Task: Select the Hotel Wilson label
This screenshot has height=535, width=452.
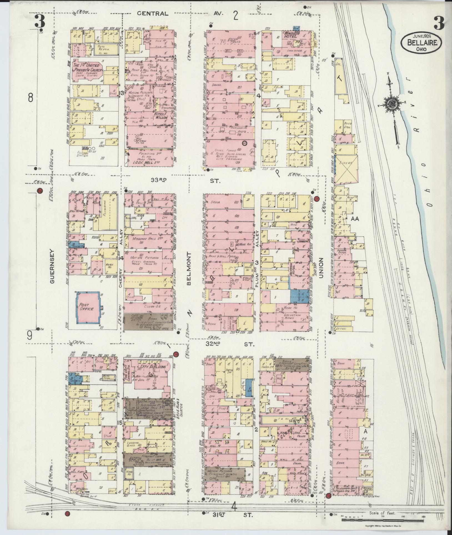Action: tap(163, 116)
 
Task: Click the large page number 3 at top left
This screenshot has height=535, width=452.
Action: tap(40, 22)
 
